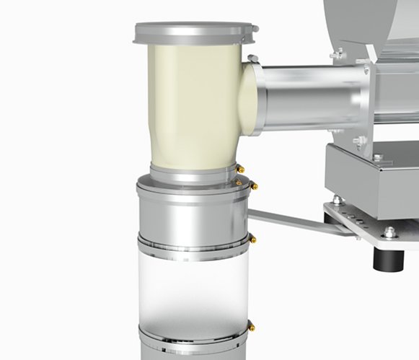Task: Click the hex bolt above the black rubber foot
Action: pos(389,232)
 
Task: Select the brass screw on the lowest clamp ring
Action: pos(251,327)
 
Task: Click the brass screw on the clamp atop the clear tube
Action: pos(252,238)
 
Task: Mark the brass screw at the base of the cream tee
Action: pos(241,170)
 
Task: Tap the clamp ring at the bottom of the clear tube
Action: pos(193,335)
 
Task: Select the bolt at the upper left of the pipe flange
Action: pos(339,53)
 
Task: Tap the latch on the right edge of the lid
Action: pos(252,29)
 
